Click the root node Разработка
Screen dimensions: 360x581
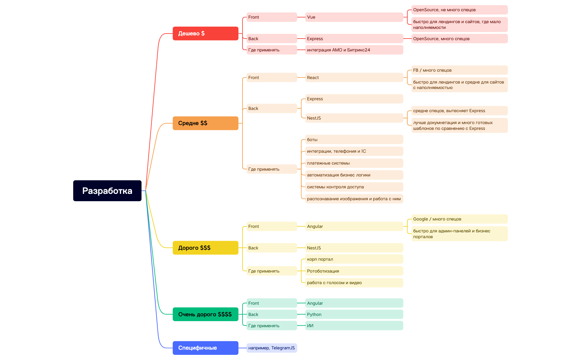click(107, 191)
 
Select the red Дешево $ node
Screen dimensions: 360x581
click(205, 33)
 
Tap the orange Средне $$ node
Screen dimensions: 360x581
click(205, 123)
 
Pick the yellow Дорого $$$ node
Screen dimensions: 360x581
click(205, 248)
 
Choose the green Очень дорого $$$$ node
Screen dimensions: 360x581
click(205, 314)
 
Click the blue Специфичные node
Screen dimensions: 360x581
click(205, 348)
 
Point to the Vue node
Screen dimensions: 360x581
click(354, 17)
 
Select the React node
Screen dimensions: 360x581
click(354, 77)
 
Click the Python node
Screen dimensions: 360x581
click(354, 314)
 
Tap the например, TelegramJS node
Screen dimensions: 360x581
click(271, 348)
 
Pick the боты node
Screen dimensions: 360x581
click(354, 139)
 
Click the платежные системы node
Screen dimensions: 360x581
click(354, 163)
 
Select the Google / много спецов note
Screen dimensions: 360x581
click(459, 219)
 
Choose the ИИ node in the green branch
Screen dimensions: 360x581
click(354, 326)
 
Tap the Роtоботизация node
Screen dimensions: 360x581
click(354, 271)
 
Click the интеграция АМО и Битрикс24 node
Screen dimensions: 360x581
click(354, 50)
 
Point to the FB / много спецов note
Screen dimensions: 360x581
click(459, 70)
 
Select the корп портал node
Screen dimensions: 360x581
click(354, 259)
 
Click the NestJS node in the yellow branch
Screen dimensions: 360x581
click(354, 248)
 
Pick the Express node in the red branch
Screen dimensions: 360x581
click(354, 39)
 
